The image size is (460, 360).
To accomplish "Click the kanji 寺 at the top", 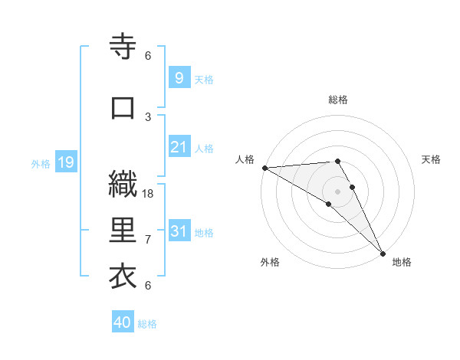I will [123, 47].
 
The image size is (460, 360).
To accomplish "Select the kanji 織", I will [123, 185].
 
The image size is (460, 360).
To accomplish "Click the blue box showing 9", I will [179, 78].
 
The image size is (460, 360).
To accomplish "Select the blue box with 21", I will [179, 147].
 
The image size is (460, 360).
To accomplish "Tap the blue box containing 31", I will [179, 231].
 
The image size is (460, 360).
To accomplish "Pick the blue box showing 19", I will [65, 162].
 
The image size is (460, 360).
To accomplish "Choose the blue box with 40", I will [123, 322].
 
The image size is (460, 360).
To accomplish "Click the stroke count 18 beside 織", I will [149, 194].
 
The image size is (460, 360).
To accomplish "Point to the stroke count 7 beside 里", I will [148, 240].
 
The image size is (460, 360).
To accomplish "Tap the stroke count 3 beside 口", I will [148, 116].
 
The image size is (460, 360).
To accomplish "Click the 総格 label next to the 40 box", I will [147, 324].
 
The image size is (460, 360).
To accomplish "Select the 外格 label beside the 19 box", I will [41, 163].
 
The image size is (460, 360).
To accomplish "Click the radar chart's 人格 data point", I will [264, 168].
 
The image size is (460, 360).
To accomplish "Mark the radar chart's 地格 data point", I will [383, 254].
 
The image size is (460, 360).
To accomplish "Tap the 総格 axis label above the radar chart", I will [338, 100].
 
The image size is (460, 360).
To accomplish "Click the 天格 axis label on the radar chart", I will [432, 159].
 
